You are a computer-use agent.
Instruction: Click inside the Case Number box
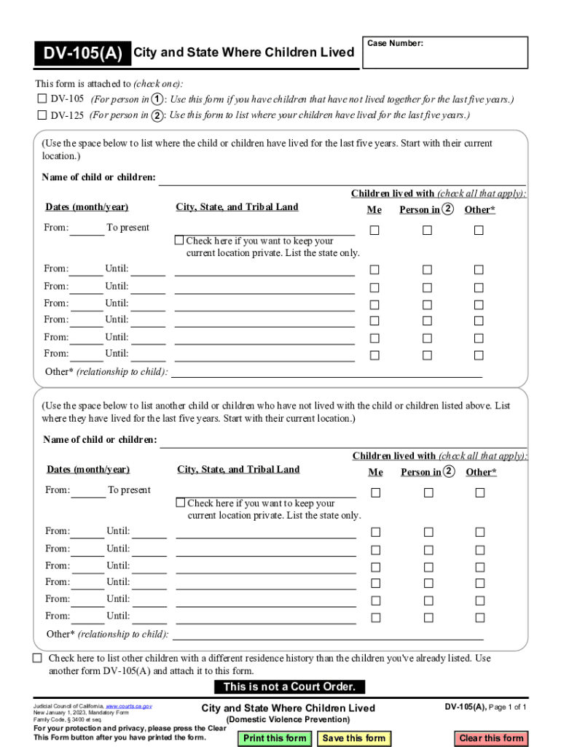pos(444,53)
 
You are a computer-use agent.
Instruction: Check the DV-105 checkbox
pos(42,99)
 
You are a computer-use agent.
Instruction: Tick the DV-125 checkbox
pos(42,115)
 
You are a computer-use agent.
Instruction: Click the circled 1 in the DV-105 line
pos(157,99)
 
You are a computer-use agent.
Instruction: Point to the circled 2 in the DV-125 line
pos(157,115)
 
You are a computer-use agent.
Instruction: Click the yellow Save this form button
pos(353,738)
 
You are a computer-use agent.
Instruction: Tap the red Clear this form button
pos(491,738)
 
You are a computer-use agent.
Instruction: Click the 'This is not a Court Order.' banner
pos(289,686)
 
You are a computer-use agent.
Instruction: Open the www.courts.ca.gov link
pos(129,706)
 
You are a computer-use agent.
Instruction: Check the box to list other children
pos(37,658)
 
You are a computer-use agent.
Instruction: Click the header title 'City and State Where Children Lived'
pos(243,53)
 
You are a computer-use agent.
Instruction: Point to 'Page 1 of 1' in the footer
pos(507,708)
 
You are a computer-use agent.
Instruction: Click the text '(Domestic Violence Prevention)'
pos(288,720)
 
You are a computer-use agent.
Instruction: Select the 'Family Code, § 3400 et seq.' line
pos(67,720)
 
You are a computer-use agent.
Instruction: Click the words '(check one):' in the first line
pos(157,84)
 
